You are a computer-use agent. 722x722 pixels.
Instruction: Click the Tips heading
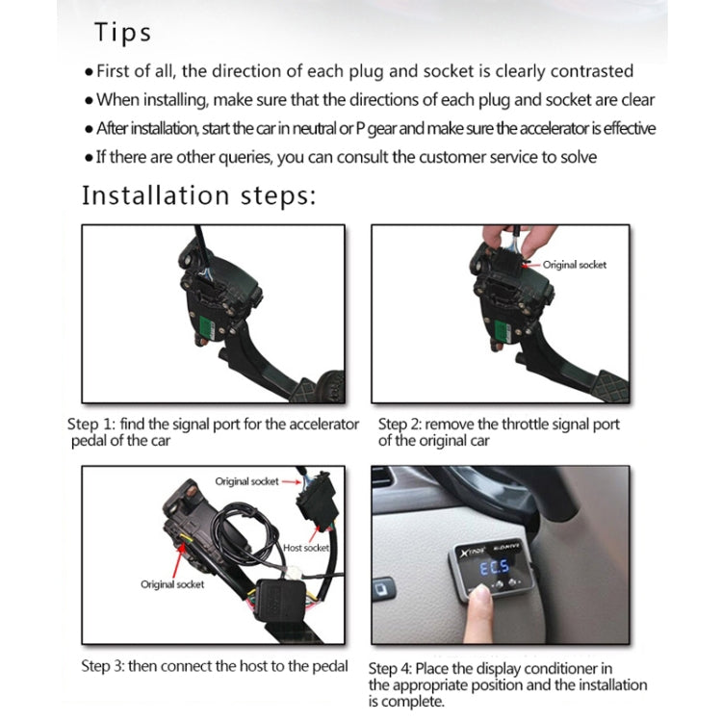[122, 33]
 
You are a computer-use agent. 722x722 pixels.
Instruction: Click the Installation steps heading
[198, 195]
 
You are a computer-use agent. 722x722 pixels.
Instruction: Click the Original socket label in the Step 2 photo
[575, 265]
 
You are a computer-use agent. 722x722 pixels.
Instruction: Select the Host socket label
[306, 548]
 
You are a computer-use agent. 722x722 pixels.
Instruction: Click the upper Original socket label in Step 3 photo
[246, 481]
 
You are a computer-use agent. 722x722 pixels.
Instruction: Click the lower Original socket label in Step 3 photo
[172, 584]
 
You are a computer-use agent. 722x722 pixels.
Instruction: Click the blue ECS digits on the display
[495, 568]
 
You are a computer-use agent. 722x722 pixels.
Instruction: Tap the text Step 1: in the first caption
[90, 425]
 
